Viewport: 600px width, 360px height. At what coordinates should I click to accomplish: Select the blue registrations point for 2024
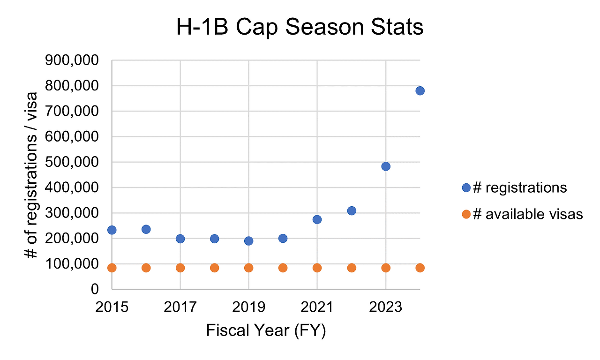tap(420, 90)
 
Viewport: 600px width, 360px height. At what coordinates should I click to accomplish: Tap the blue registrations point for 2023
tap(386, 166)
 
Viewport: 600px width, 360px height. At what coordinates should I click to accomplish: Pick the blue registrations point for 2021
tap(317, 219)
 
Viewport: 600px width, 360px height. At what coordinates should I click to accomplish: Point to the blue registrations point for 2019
tap(248, 241)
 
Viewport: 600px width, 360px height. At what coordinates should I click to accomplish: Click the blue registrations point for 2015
tap(112, 230)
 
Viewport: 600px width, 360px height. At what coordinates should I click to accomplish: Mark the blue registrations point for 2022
tap(352, 211)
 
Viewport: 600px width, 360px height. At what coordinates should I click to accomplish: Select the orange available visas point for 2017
tap(180, 268)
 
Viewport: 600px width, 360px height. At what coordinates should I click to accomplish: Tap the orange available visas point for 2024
tap(420, 268)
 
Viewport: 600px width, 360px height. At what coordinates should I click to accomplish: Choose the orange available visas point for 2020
tap(283, 268)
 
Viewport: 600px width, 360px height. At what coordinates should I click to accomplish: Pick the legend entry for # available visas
tap(522, 215)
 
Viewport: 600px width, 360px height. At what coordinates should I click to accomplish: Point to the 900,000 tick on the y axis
tap(76, 61)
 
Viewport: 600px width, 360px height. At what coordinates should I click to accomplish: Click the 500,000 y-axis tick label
tap(76, 162)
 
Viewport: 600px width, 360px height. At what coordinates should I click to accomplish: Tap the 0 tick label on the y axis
tap(94, 289)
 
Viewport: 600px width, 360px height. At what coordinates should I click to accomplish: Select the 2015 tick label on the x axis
tap(112, 308)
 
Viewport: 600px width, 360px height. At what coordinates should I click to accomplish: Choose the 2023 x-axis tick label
tap(386, 308)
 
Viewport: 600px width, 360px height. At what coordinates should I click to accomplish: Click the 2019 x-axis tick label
tap(248, 308)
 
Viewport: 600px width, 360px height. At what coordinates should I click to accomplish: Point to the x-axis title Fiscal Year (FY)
tap(266, 331)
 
